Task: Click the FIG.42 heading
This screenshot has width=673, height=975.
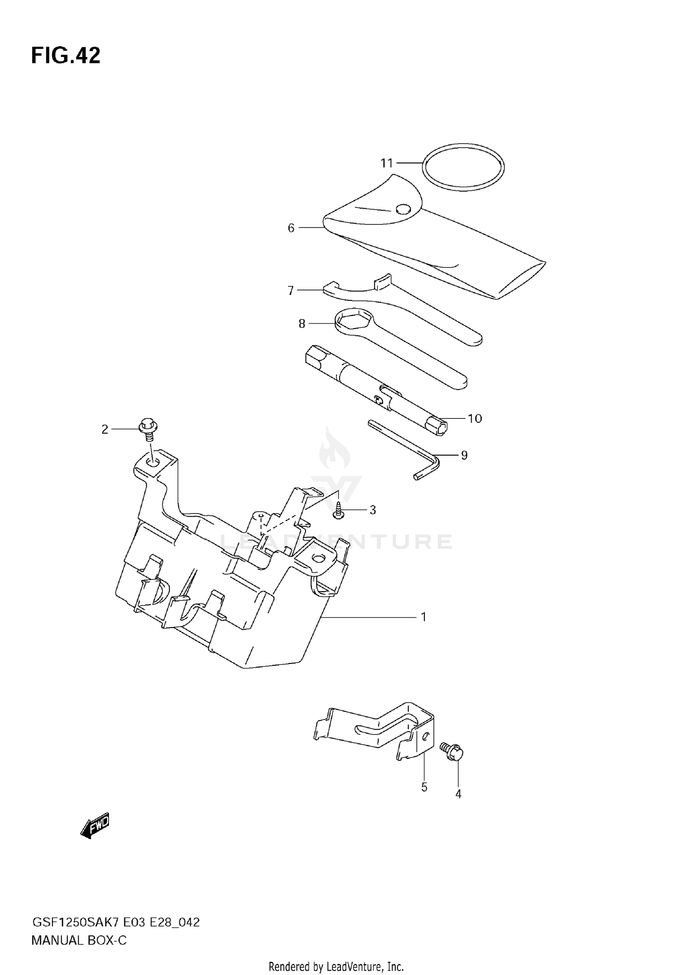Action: click(x=66, y=56)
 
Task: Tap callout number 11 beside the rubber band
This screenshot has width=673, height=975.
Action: click(x=387, y=163)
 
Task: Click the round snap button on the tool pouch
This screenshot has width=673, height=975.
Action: click(x=403, y=209)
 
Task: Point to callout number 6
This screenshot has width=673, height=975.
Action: click(x=291, y=228)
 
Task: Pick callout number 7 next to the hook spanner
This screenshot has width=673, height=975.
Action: click(x=291, y=291)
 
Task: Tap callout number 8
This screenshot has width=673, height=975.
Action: click(x=302, y=323)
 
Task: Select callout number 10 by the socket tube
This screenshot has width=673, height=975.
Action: click(x=475, y=418)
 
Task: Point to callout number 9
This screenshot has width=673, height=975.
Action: click(x=464, y=455)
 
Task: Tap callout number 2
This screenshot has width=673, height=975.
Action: click(x=105, y=430)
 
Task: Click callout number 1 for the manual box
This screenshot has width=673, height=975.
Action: click(x=423, y=617)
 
